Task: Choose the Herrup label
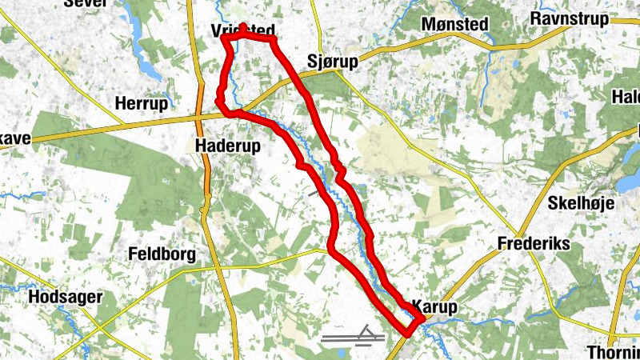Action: [x=142, y=104]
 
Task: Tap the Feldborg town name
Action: [x=162, y=254]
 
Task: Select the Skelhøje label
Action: [x=581, y=203]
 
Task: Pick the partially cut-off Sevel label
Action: [x=85, y=3]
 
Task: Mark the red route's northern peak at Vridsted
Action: [x=242, y=26]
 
